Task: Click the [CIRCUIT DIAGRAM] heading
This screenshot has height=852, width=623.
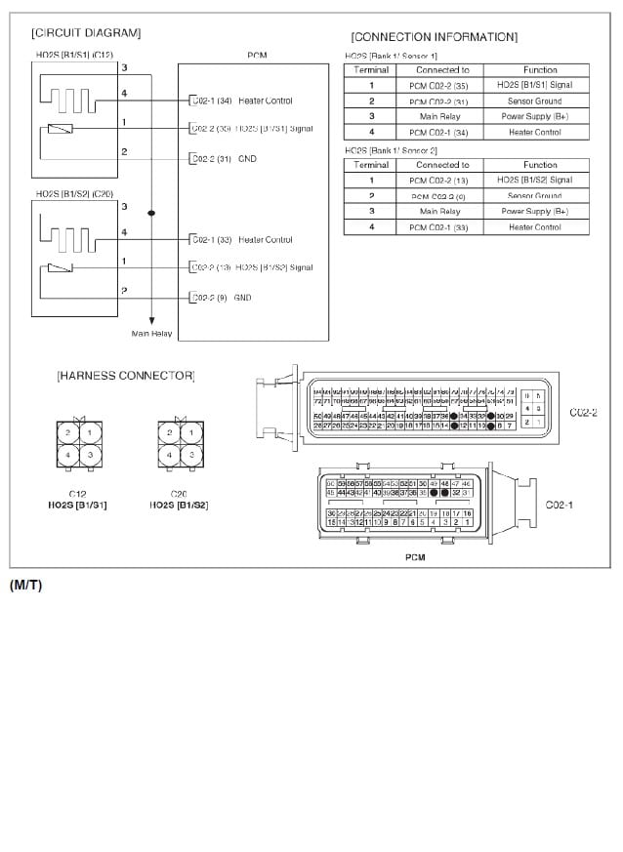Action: (x=85, y=33)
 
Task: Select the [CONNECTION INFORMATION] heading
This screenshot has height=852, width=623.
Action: (x=434, y=37)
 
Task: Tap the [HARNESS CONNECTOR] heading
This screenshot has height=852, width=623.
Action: (x=125, y=375)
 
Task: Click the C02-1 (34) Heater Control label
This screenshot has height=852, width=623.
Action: (x=241, y=101)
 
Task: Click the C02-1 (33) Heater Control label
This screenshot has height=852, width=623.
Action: (x=241, y=240)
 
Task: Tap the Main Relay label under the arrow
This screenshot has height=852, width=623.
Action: (x=151, y=333)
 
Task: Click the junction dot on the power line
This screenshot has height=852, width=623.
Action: (x=151, y=213)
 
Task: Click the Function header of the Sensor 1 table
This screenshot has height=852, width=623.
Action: (x=540, y=69)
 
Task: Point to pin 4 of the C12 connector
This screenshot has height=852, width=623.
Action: (x=67, y=455)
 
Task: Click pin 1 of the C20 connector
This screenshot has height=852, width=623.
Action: (x=191, y=432)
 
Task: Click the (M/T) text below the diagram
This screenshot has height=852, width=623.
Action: (x=25, y=586)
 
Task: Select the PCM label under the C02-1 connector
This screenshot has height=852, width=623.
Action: (x=415, y=557)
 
